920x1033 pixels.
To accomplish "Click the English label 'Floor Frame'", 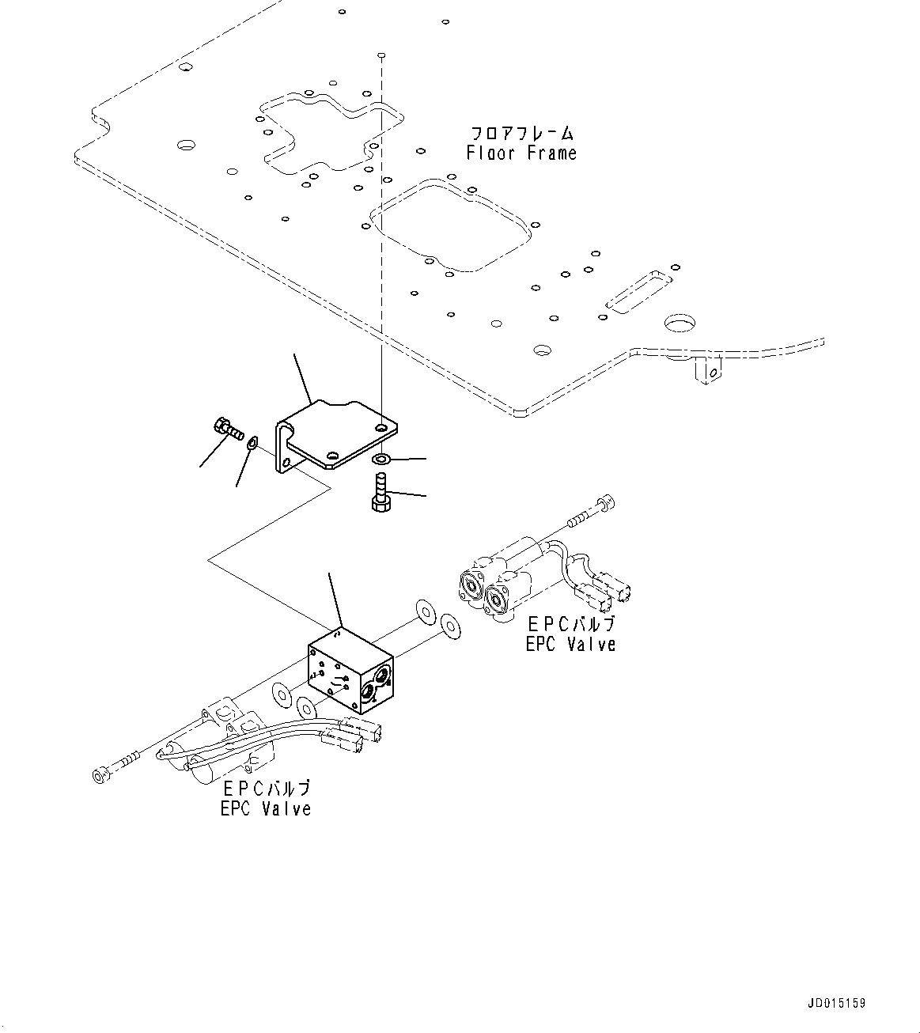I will coord(521,153).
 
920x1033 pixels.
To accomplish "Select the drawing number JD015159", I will coord(837,1003).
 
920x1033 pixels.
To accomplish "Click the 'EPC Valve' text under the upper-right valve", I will coord(570,644).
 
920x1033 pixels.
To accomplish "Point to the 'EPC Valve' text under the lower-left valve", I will coord(266,808).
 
